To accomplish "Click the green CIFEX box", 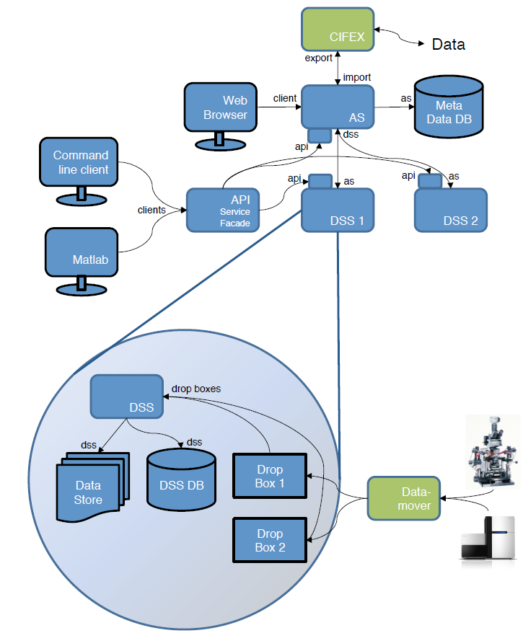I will (338, 30).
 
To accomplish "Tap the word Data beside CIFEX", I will (448, 45).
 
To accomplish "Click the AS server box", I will (338, 107).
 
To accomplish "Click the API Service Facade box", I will (223, 210).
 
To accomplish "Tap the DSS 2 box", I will (451, 210).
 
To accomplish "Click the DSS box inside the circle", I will (126, 397).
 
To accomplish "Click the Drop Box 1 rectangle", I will (269, 475).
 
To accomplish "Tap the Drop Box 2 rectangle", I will (269, 540).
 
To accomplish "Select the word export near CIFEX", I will (318, 58).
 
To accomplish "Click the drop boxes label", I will (196, 389).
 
